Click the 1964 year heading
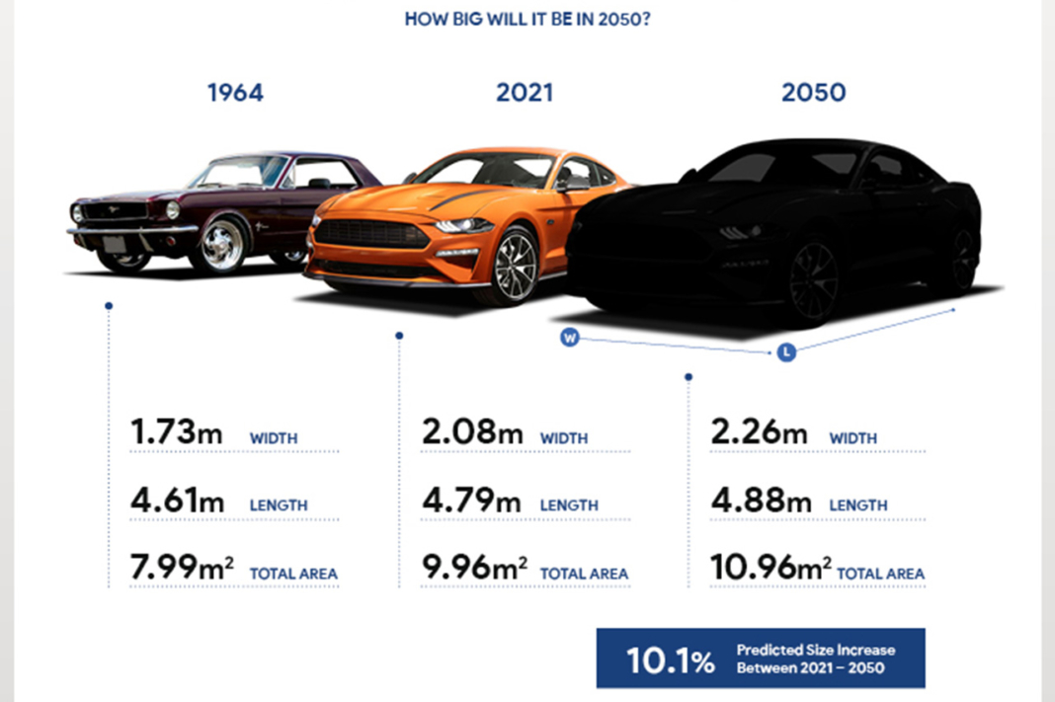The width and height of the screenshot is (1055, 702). [x=235, y=93]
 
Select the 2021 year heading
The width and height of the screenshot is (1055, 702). [x=525, y=93]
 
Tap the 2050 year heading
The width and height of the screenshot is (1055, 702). [x=814, y=93]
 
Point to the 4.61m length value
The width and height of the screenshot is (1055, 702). [x=177, y=501]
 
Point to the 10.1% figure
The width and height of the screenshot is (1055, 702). [x=671, y=660]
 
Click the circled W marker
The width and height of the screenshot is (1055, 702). [x=569, y=338]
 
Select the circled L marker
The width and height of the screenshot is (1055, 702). [x=786, y=351]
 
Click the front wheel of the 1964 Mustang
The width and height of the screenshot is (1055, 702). [x=221, y=243]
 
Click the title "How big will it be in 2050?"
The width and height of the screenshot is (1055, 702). [x=527, y=19]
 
